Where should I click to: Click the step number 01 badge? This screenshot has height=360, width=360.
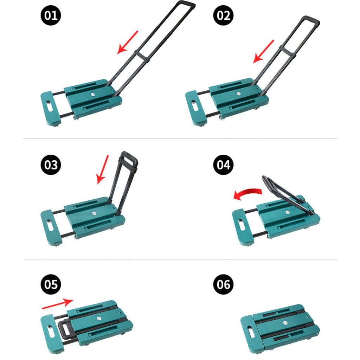(51, 15)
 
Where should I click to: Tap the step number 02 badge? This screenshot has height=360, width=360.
(223, 15)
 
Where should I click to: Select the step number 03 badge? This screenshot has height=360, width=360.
(51, 165)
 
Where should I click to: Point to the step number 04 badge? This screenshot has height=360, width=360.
(223, 165)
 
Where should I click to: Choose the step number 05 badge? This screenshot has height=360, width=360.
(51, 284)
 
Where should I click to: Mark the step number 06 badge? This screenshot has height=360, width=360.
(223, 284)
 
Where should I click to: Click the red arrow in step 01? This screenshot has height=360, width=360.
(128, 43)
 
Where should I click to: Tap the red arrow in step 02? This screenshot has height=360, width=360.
(263, 51)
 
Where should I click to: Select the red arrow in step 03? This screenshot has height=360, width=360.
(103, 169)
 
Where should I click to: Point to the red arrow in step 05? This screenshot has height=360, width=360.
(58, 303)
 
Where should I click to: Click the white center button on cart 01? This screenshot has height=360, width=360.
(93, 94)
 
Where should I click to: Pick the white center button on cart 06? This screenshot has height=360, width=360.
(285, 323)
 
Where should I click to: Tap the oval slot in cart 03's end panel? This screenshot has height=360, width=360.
(50, 226)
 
